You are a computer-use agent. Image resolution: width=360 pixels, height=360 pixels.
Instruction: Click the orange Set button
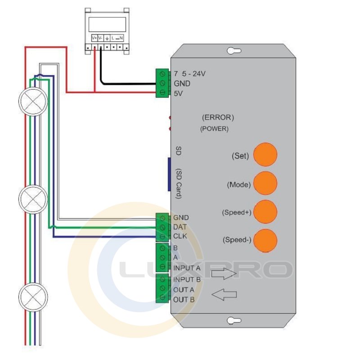click(265, 155)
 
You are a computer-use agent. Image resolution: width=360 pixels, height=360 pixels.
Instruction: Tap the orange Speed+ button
click(265, 211)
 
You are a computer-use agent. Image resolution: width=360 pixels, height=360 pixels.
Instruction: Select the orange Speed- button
click(265, 240)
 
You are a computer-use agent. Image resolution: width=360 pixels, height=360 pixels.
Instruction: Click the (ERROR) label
click(218, 118)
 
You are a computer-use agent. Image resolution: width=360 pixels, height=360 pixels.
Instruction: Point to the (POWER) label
click(214, 129)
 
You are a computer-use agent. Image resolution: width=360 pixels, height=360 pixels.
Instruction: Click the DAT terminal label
click(180, 227)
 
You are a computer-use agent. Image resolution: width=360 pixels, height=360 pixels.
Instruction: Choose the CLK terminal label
click(180, 236)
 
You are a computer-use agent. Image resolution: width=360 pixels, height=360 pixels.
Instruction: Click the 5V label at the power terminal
click(178, 94)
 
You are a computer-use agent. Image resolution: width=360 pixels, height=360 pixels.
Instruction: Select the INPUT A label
click(187, 268)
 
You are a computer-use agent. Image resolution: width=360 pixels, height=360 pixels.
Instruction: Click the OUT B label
click(184, 299)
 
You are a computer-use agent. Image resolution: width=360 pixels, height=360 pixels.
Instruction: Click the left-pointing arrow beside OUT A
click(224, 295)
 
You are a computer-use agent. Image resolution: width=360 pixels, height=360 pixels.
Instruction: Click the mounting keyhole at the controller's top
click(233, 51)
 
